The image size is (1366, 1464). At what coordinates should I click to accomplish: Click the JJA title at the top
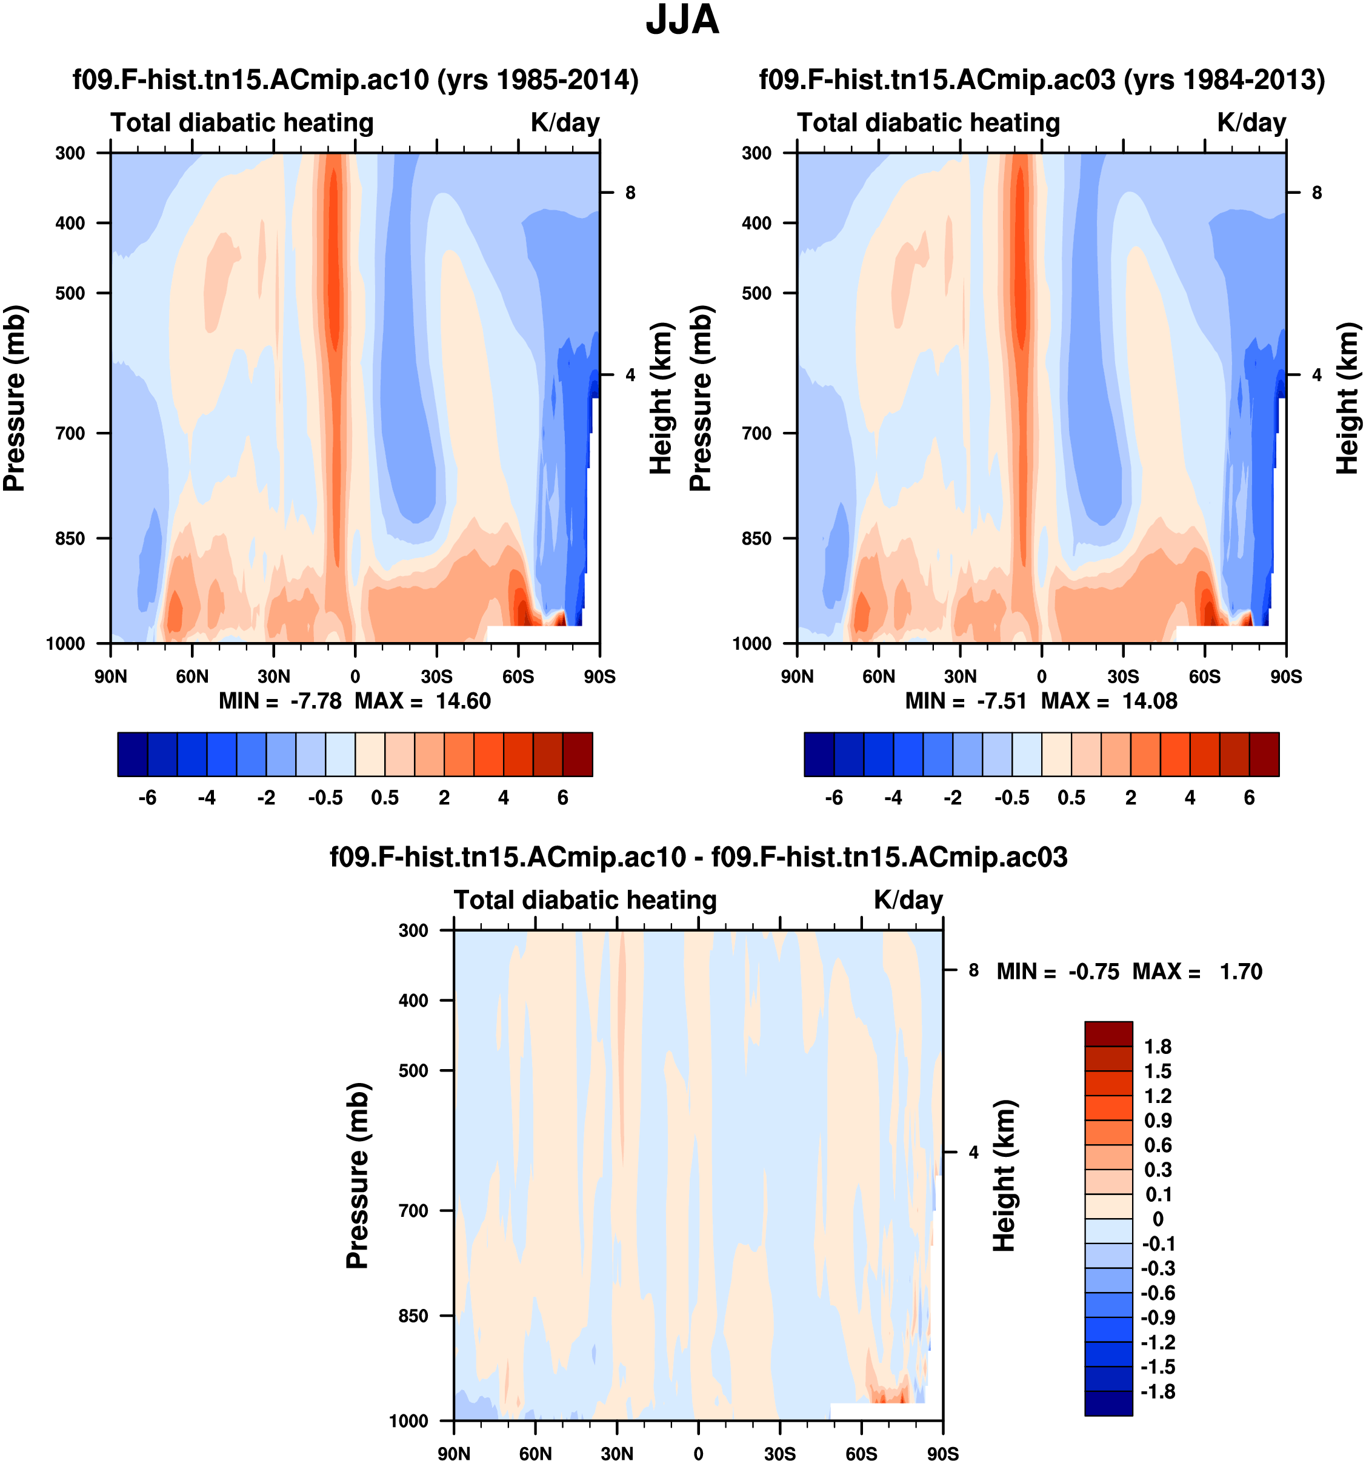point(682,20)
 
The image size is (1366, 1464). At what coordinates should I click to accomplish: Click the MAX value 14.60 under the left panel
point(462,700)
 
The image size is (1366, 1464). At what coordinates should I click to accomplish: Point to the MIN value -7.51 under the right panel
point(1001,700)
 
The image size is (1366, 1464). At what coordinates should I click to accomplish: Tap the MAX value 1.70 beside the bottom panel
point(1241,972)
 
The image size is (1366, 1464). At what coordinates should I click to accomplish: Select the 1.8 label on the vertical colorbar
point(1158,1047)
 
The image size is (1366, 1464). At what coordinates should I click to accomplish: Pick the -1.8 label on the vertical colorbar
point(1158,1391)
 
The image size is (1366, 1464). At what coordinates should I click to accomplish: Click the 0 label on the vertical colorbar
point(1158,1219)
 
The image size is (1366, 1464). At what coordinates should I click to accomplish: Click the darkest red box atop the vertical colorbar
point(1108,1034)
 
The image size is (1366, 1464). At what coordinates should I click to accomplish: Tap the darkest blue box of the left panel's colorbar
point(133,754)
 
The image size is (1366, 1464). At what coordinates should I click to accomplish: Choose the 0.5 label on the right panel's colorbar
point(1071,798)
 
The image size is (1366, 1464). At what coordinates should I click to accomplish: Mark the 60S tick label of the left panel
point(518,676)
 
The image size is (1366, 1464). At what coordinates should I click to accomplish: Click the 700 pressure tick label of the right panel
point(757,433)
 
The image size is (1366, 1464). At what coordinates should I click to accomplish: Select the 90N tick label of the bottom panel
point(454,1453)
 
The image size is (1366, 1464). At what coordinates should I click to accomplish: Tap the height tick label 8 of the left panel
point(630,193)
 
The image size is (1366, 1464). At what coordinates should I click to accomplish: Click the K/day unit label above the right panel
point(1251,122)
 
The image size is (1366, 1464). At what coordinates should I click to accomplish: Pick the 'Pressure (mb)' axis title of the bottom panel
point(358,1175)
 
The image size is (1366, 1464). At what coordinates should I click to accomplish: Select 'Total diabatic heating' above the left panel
point(242,122)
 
